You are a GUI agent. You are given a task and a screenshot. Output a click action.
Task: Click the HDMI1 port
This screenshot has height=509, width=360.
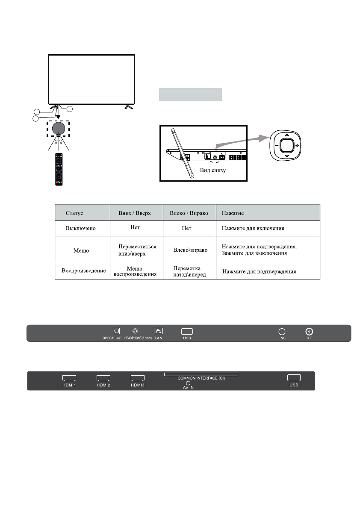69,378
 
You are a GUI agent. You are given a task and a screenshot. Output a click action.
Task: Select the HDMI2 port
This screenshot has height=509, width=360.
103,378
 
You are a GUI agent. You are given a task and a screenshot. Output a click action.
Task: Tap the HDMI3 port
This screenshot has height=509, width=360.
138,378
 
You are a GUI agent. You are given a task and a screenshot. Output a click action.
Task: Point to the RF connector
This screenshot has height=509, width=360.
309,331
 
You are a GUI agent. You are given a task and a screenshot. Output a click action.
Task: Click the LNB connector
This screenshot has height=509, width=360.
282,331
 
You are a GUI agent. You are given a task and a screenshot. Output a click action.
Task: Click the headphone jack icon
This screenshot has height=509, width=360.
136,331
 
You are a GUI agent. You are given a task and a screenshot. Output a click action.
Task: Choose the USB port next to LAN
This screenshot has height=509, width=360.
187,331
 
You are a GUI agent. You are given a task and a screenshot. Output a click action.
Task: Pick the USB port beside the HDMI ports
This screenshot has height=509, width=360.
294,378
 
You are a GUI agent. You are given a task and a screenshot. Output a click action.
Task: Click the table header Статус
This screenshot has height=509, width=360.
74,212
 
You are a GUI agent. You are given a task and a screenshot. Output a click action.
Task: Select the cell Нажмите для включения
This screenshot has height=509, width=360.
253,229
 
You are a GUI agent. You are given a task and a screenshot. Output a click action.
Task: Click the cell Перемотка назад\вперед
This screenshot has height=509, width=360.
186,271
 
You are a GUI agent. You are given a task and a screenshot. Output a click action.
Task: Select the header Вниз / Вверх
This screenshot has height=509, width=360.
135,212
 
